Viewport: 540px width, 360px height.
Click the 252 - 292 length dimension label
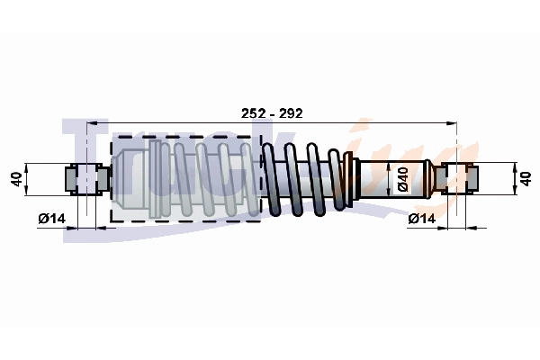coord(272,113)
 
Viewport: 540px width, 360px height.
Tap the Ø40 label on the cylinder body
coord(404,180)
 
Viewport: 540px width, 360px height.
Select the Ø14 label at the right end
coord(422,219)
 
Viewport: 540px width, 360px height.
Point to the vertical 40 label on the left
coord(15,179)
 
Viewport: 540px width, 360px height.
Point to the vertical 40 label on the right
coord(527,179)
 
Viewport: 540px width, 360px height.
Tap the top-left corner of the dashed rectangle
coord(111,138)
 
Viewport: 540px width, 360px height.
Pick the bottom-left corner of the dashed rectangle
coord(111,221)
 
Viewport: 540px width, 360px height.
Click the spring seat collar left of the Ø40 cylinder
coord(351,179)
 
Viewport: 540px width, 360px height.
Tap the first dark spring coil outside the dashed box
coord(271,179)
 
